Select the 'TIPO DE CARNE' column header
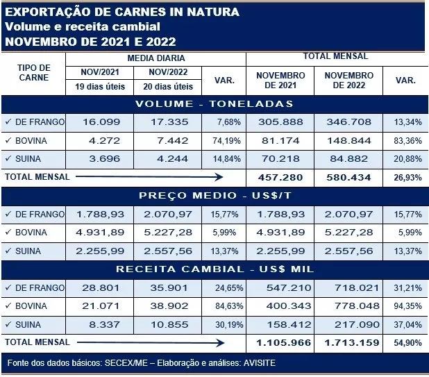[x=33, y=73]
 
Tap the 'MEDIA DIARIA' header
[x=156, y=58]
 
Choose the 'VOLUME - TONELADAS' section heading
[x=214, y=104]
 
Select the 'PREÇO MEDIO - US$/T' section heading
[x=214, y=196]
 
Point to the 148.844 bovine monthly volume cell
[x=348, y=141]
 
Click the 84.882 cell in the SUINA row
[x=348, y=159]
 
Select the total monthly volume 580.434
[x=348, y=177]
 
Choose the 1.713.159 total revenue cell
[x=348, y=342]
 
